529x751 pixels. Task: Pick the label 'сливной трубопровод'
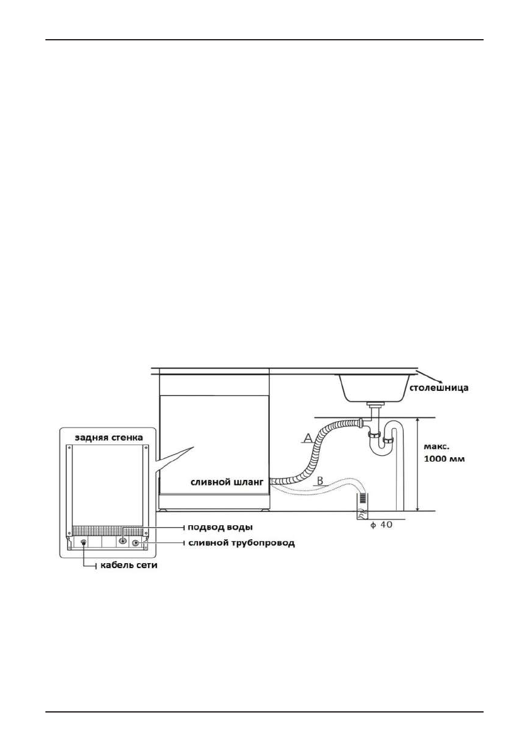[x=240, y=543]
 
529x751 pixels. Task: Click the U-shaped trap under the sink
[x=381, y=441]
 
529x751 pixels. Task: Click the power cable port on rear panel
[x=84, y=542]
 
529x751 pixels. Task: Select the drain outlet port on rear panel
[x=135, y=542]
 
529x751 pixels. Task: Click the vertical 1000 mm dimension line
[x=418, y=463]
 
